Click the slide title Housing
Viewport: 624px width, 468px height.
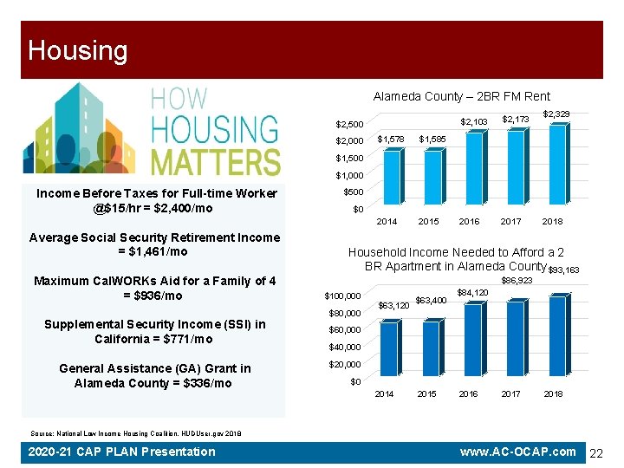[x=77, y=50]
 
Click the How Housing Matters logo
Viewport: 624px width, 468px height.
[x=153, y=130]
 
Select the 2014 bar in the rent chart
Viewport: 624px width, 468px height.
[x=392, y=179]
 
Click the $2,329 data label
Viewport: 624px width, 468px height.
[x=556, y=114]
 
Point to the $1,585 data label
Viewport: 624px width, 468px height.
[x=432, y=139]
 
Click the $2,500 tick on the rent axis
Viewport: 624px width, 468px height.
[x=350, y=124]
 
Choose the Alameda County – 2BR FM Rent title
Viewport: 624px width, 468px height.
[x=461, y=96]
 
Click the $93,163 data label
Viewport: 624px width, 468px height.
[x=564, y=270]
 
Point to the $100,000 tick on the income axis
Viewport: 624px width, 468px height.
[x=342, y=296]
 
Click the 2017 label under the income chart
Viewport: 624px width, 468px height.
[x=511, y=393]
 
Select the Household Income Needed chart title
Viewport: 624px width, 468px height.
[x=456, y=259]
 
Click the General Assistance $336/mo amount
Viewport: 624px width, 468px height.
[x=201, y=383]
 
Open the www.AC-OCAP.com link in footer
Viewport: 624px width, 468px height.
[x=517, y=452]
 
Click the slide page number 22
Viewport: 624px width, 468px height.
[x=596, y=452]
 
